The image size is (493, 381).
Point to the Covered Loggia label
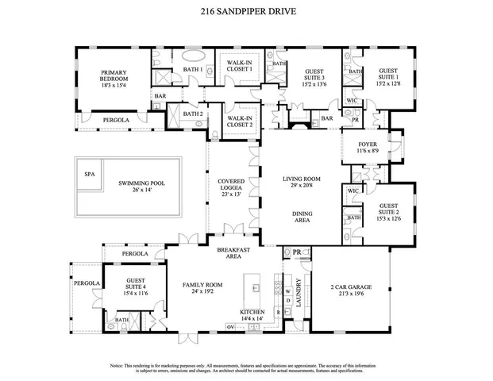point(232,187)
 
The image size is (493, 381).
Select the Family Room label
point(202,288)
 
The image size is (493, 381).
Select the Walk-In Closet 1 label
point(240,66)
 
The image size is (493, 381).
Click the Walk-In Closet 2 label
point(240,121)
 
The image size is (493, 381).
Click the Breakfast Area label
point(234,252)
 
